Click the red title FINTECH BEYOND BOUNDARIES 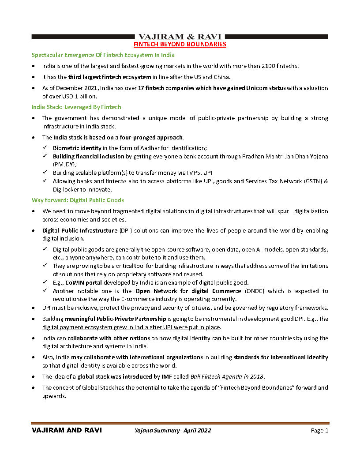(180, 44)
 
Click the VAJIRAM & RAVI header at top (180, 37)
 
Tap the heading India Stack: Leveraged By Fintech (76, 107)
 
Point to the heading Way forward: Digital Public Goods (78, 200)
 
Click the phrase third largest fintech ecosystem (104, 77)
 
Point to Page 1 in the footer (319, 431)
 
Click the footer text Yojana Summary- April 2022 (172, 431)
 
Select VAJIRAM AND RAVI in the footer (67, 431)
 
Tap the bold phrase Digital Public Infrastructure (80, 230)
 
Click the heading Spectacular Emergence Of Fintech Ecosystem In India (103, 55)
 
